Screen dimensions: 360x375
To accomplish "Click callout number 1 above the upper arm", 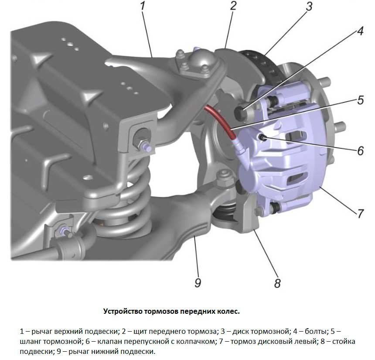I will [x=143, y=7].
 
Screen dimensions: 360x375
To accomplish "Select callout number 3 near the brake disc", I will [x=309, y=7].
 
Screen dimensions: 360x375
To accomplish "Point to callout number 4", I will [x=360, y=32].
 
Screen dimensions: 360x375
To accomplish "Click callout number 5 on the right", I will [x=360, y=100].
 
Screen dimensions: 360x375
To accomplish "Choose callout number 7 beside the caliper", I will [x=360, y=213].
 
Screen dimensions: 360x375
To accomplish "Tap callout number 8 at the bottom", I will [x=277, y=283].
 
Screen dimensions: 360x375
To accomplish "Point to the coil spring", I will [x=131, y=205].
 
